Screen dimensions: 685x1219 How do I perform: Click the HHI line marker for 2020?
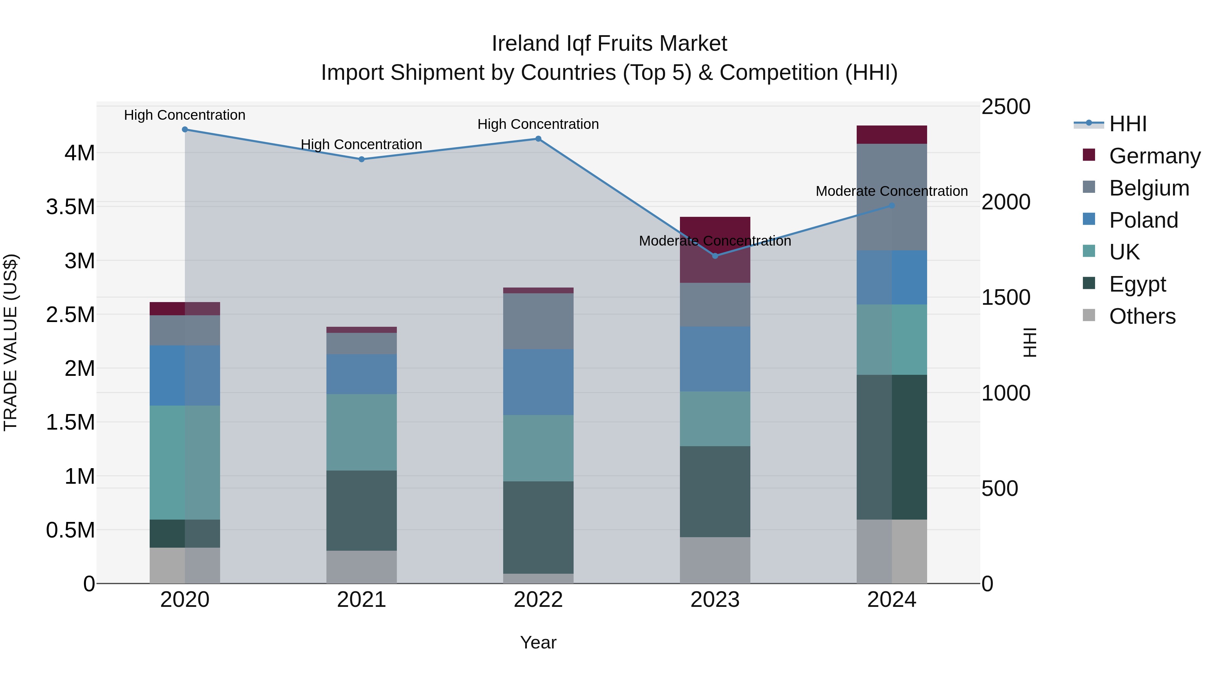tap(185, 130)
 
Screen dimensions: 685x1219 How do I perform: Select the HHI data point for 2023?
tap(715, 256)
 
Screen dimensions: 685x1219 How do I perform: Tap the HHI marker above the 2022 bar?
tap(538, 139)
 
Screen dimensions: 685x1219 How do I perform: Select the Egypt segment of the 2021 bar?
tap(362, 510)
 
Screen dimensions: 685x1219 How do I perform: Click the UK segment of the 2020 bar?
tap(185, 462)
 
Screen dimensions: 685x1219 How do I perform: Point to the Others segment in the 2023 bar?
tap(715, 560)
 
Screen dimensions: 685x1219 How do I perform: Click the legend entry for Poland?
tap(1143, 220)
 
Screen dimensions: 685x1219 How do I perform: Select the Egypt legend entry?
tap(1137, 284)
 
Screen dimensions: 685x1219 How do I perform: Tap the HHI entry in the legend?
tap(1127, 124)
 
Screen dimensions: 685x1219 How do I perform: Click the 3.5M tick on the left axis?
tap(70, 207)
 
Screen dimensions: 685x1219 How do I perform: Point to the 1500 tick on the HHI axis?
tap(1006, 297)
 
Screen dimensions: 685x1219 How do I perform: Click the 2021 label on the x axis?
tap(362, 600)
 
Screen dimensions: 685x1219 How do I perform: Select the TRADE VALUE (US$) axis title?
tap(10, 342)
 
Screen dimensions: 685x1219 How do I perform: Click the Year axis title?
tap(538, 642)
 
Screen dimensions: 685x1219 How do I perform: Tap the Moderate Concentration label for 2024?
tap(892, 191)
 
